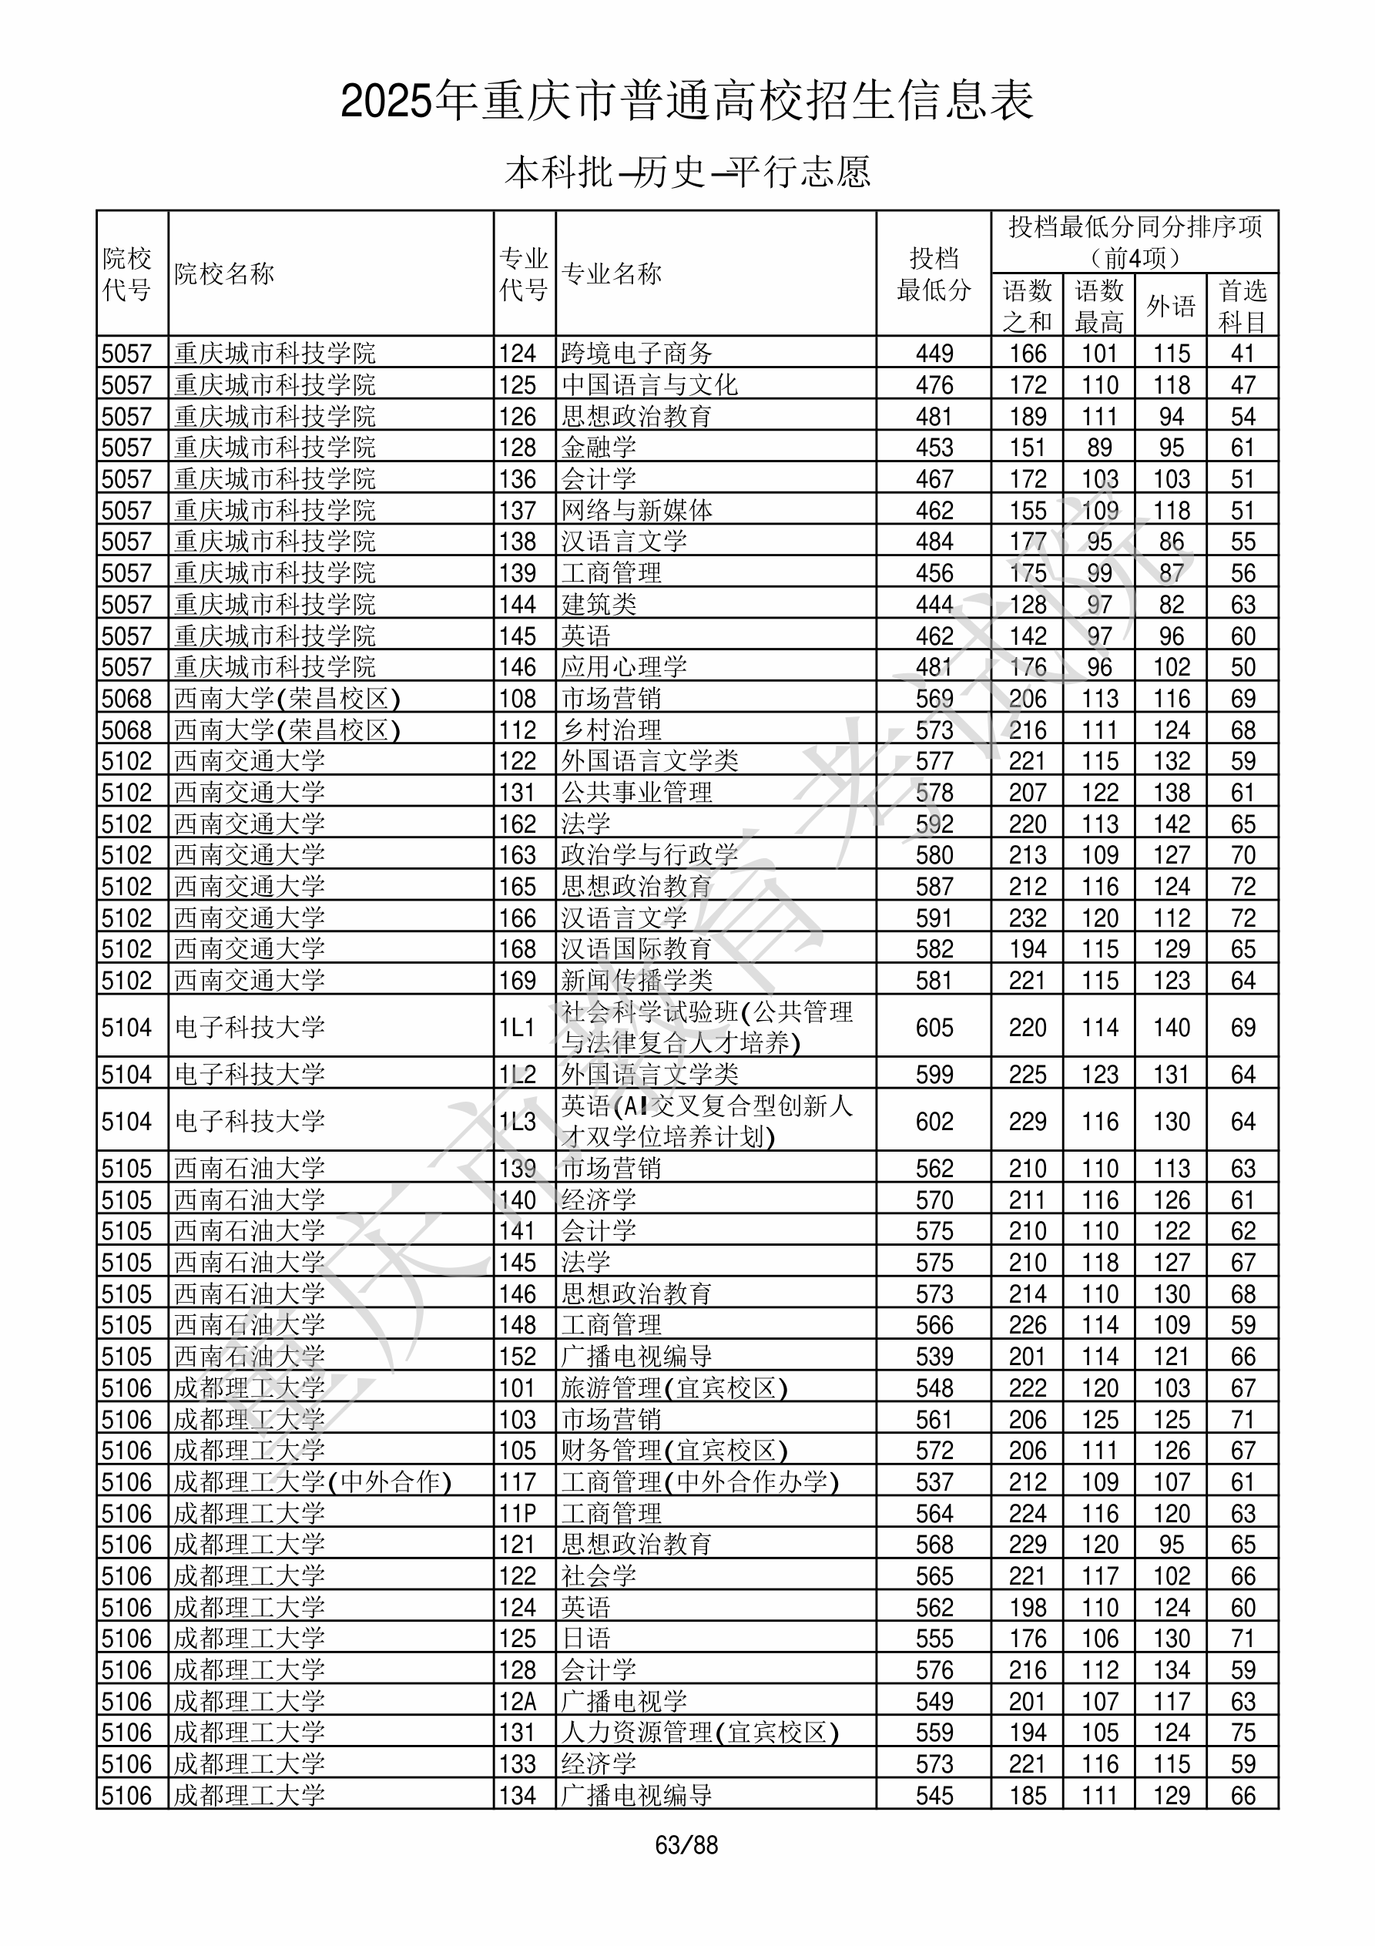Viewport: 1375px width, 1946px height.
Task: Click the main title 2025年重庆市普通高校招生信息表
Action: [x=686, y=102]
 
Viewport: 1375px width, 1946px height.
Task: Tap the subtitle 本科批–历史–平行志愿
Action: [x=686, y=172]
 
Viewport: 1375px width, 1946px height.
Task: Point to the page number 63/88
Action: [x=686, y=1844]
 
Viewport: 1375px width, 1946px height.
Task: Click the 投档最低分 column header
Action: [x=934, y=273]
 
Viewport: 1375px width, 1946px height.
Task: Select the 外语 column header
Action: [x=1171, y=305]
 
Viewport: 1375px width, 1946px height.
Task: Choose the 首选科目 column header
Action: [x=1242, y=305]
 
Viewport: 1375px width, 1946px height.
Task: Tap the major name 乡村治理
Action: [x=611, y=730]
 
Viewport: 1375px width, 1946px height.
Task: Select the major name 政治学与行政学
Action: [x=649, y=854]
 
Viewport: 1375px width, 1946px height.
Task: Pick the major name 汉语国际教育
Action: [x=636, y=948]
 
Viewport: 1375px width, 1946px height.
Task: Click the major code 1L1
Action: [x=517, y=1027]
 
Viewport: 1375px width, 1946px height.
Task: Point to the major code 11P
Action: [x=517, y=1513]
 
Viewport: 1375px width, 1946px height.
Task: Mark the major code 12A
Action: [x=517, y=1701]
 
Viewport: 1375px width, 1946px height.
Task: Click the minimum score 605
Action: [x=934, y=1027]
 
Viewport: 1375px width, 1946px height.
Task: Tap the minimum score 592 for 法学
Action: [x=934, y=824]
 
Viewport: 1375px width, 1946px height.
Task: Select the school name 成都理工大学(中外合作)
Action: [x=312, y=1481]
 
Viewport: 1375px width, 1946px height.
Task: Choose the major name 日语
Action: [x=585, y=1639]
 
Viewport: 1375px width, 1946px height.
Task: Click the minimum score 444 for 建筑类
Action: [x=934, y=604]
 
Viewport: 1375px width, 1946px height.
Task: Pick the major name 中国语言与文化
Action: [x=649, y=384]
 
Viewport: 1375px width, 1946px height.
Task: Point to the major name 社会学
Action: [x=599, y=1575]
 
